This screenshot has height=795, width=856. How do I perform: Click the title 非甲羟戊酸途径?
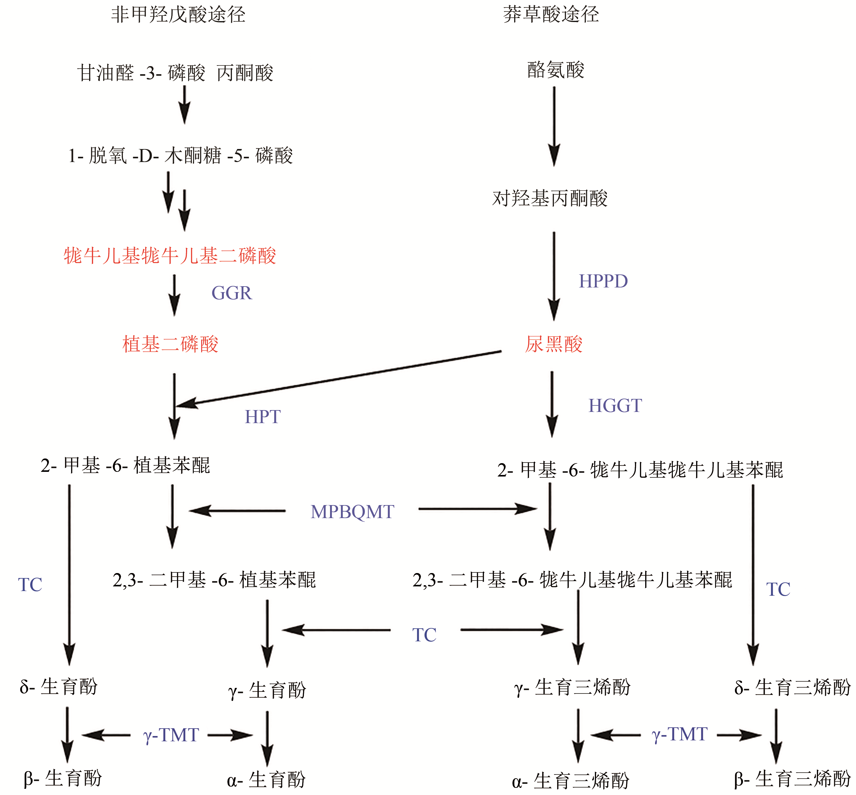coord(178,15)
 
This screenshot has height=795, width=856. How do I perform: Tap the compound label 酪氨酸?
coord(555,70)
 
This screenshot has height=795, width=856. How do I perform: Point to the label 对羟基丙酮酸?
coord(550,198)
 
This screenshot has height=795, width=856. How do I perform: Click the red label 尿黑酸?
coord(554,344)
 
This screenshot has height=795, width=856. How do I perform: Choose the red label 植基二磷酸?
coord(170,344)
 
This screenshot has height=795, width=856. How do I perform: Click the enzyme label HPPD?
coord(603,281)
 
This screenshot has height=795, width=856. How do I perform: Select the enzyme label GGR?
coord(232,293)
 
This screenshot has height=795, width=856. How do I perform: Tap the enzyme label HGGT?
coord(615,406)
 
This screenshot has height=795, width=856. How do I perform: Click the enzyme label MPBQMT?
coord(352,512)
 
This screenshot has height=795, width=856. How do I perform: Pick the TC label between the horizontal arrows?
coord(424,635)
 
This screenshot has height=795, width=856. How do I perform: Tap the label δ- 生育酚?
coord(59,687)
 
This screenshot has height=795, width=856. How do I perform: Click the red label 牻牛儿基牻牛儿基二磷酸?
coord(170,255)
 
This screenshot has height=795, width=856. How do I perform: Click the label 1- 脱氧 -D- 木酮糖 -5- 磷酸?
coord(181,155)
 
